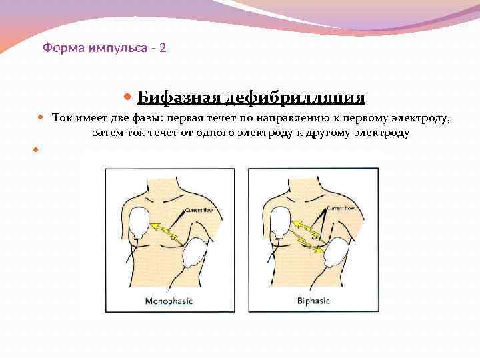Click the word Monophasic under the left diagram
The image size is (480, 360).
(x=169, y=301)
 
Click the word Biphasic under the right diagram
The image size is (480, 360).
(x=313, y=301)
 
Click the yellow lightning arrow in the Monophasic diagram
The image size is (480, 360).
(x=164, y=230)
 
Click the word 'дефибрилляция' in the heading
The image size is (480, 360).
(x=295, y=98)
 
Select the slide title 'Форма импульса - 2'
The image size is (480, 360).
(x=105, y=48)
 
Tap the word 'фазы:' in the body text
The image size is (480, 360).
(x=148, y=119)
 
